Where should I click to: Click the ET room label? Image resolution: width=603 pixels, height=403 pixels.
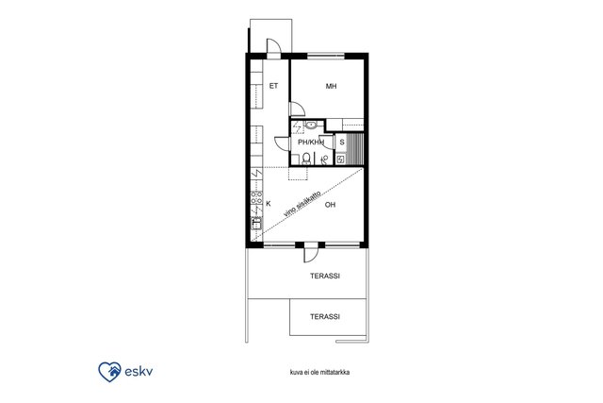[273, 86]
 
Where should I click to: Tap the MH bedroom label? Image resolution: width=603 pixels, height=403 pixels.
[331, 86]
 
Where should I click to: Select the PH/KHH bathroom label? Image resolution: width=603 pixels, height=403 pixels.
[311, 143]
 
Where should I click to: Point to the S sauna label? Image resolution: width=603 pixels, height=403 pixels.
[342, 143]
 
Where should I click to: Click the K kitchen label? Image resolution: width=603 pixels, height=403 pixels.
[268, 204]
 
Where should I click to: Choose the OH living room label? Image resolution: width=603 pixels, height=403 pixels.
[330, 205]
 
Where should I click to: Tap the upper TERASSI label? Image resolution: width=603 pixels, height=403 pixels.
[325, 276]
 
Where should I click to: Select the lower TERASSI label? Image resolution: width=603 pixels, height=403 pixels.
[325, 317]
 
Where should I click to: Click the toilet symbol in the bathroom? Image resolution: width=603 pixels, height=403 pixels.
[306, 159]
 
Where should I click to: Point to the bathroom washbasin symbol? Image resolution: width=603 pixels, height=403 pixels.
[311, 125]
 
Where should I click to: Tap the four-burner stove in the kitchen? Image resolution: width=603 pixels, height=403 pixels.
[256, 197]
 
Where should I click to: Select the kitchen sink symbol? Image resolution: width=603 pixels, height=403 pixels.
[256, 223]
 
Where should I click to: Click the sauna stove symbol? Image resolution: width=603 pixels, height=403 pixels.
[340, 160]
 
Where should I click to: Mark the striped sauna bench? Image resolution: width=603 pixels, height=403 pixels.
[354, 149]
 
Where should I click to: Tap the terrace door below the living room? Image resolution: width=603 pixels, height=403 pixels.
[310, 253]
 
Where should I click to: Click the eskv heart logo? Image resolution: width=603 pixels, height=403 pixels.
[109, 372]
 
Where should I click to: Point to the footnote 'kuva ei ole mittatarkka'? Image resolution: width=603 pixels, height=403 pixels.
[319, 372]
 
